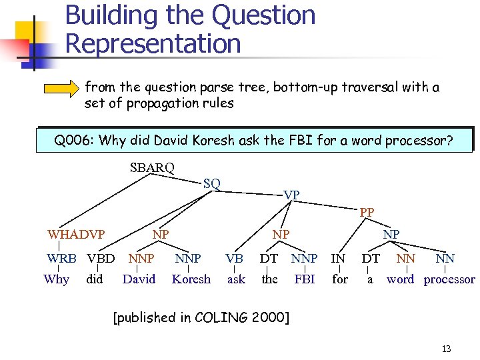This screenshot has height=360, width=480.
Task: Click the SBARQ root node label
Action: point(152,167)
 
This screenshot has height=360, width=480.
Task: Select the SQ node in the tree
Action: point(212,183)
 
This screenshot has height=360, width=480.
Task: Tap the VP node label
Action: point(291,195)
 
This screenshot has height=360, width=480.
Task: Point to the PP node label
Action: point(367,213)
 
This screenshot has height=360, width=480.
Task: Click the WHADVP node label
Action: point(76,234)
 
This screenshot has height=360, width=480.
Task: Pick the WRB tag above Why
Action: point(61,258)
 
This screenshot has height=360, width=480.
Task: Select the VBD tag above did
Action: point(101,258)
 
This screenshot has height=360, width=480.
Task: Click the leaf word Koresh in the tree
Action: point(191,279)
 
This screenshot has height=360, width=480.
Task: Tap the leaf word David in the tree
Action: point(139,279)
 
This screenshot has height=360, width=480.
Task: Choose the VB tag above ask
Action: point(234,258)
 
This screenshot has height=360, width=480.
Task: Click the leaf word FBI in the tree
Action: point(305,279)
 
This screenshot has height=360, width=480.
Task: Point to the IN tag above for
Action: point(339,258)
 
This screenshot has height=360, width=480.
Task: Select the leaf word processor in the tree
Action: point(449,279)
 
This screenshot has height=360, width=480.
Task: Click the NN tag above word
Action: point(405,258)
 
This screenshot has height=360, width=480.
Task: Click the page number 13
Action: point(446,349)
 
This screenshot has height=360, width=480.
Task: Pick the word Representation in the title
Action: point(153,44)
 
